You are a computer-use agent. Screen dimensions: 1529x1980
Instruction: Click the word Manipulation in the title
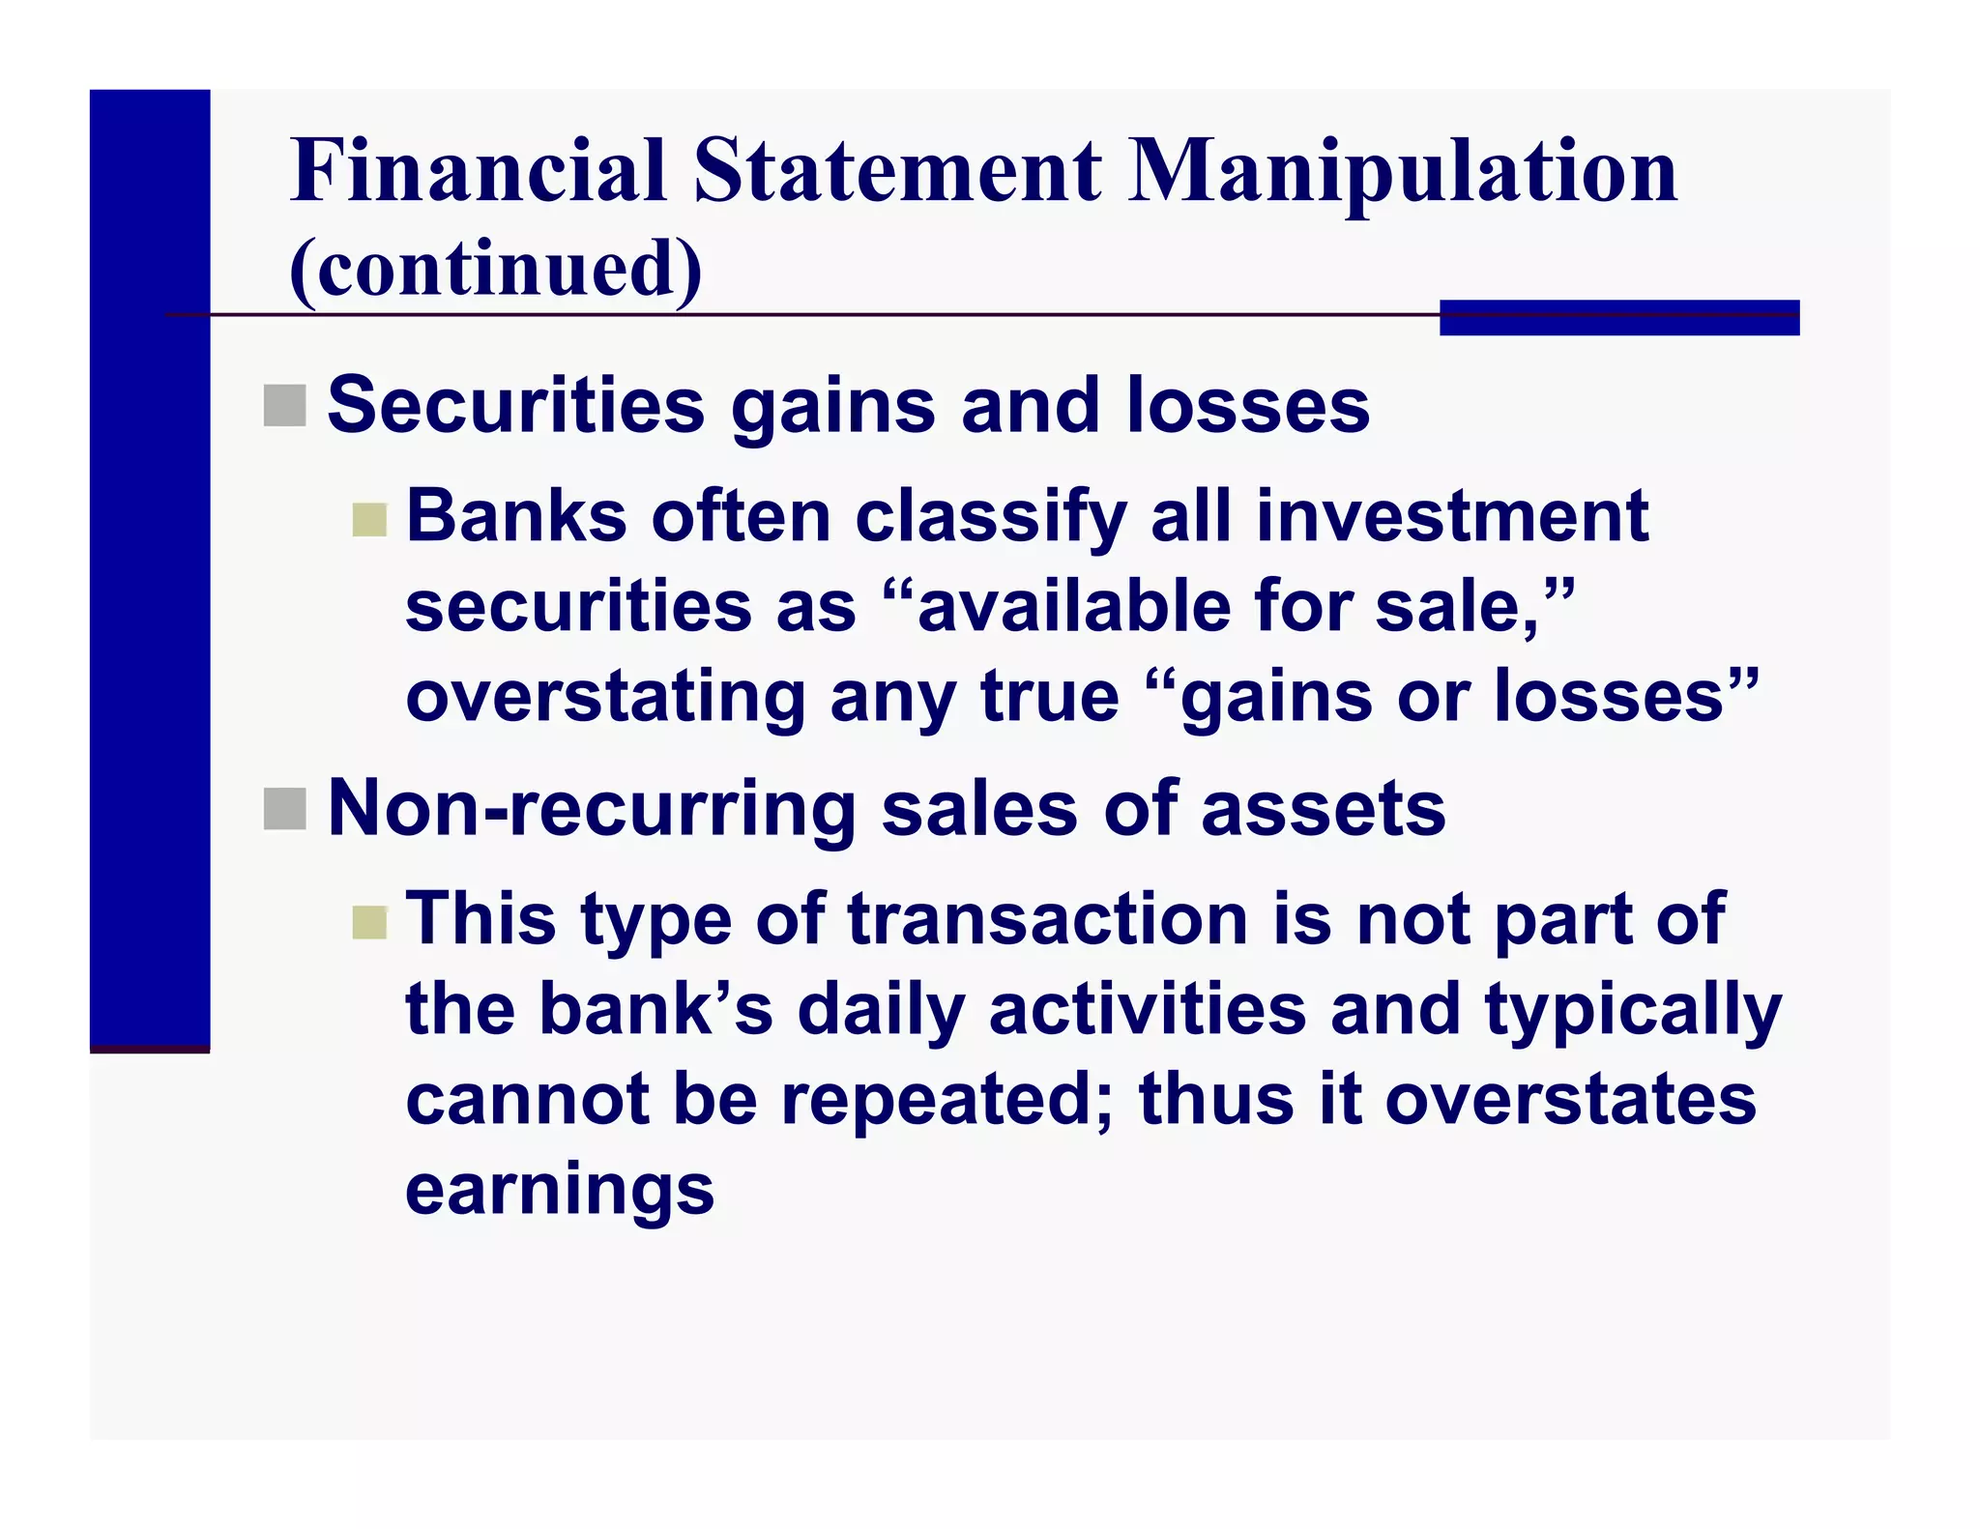point(1402,172)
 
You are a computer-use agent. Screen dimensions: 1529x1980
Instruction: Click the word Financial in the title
point(479,170)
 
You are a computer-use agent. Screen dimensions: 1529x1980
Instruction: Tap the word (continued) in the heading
point(495,269)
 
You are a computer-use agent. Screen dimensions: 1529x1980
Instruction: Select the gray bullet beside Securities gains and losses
point(284,405)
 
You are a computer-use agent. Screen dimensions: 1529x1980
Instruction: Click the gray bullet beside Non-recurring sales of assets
point(284,809)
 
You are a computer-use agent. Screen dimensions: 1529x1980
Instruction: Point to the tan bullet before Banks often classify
point(369,520)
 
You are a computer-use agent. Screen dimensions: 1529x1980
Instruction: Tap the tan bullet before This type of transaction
point(369,922)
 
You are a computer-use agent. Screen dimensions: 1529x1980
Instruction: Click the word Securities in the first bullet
point(516,405)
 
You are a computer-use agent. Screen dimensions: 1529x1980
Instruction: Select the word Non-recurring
point(592,809)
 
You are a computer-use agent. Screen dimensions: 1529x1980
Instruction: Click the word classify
point(991,517)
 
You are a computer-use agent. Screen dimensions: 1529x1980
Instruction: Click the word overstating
point(605,697)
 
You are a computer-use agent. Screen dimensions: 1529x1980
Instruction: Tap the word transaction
point(1047,918)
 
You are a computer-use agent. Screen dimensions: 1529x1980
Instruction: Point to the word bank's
point(656,1009)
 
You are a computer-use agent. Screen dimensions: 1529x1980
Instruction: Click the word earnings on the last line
point(560,1191)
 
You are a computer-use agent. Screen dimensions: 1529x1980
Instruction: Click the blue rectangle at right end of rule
point(1618,318)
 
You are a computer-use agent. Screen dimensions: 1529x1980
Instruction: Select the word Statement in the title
point(897,170)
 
